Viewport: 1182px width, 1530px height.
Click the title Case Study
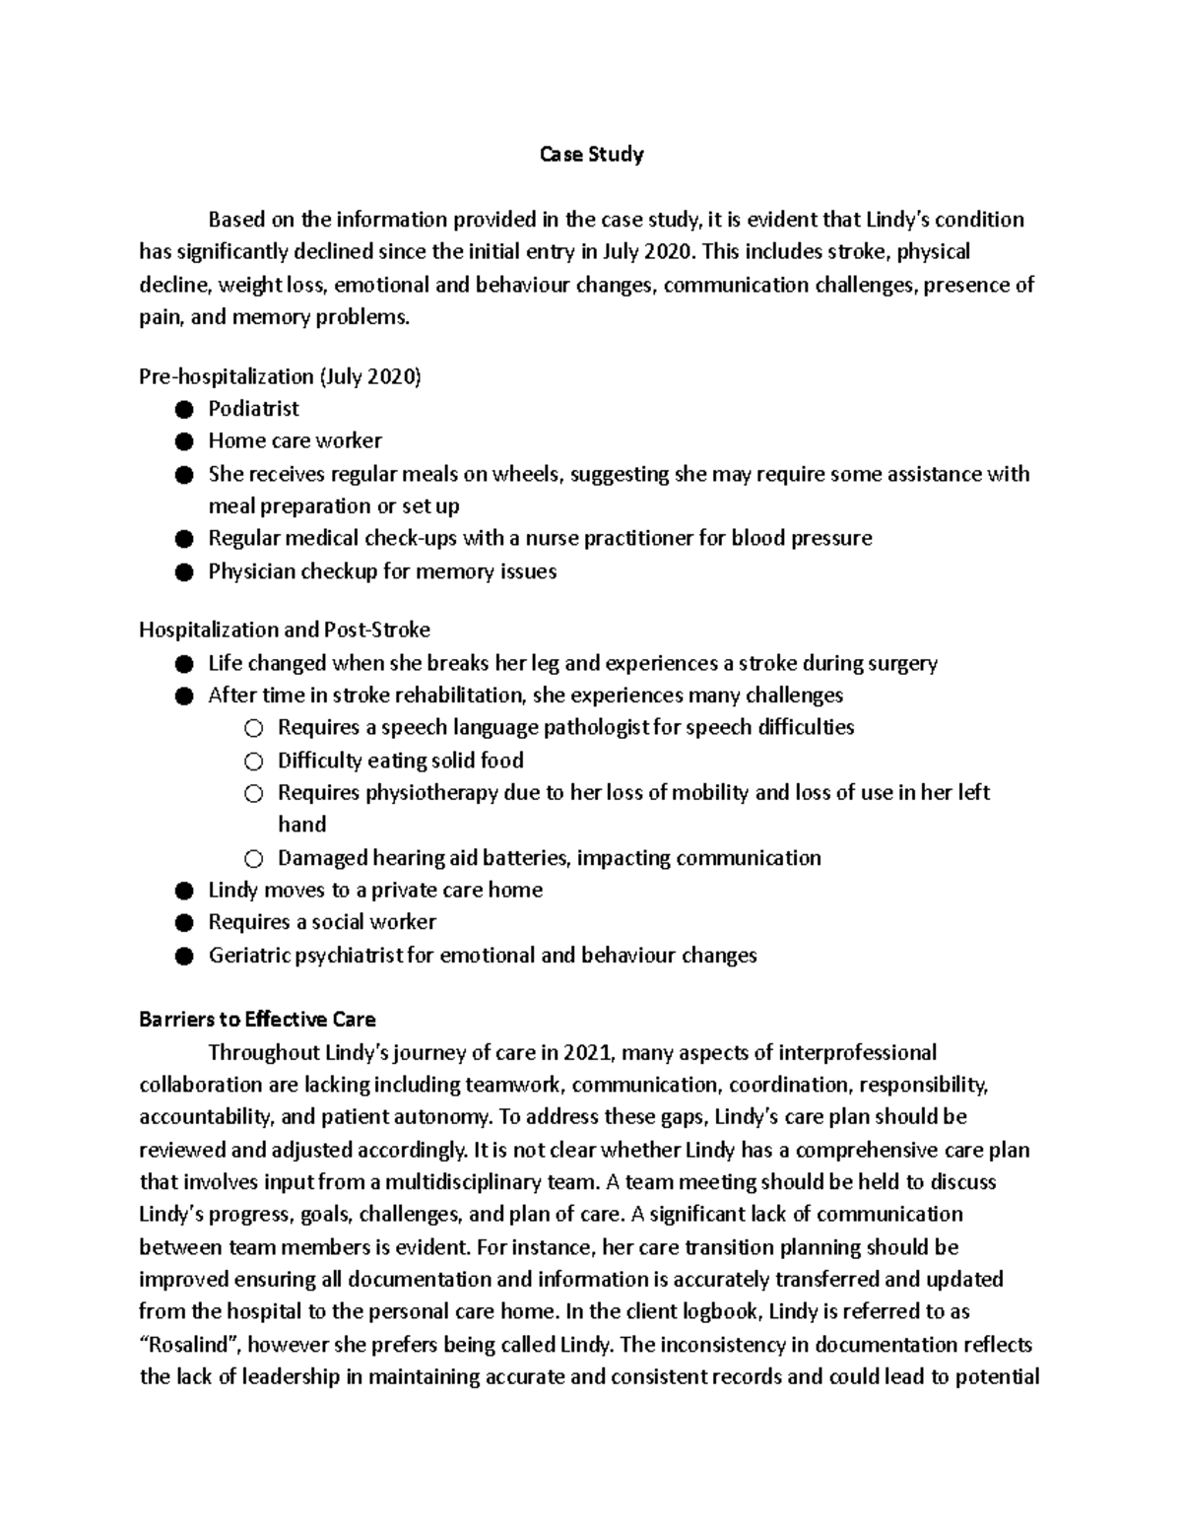click(x=591, y=155)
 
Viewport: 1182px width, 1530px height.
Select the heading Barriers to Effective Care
click(x=257, y=1020)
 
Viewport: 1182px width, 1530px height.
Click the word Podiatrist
click(x=253, y=408)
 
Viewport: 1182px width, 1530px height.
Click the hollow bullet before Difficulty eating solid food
click(x=253, y=762)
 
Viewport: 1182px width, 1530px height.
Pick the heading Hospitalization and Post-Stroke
click(x=285, y=629)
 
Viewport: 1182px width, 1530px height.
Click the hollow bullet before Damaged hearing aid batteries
click(x=253, y=859)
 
